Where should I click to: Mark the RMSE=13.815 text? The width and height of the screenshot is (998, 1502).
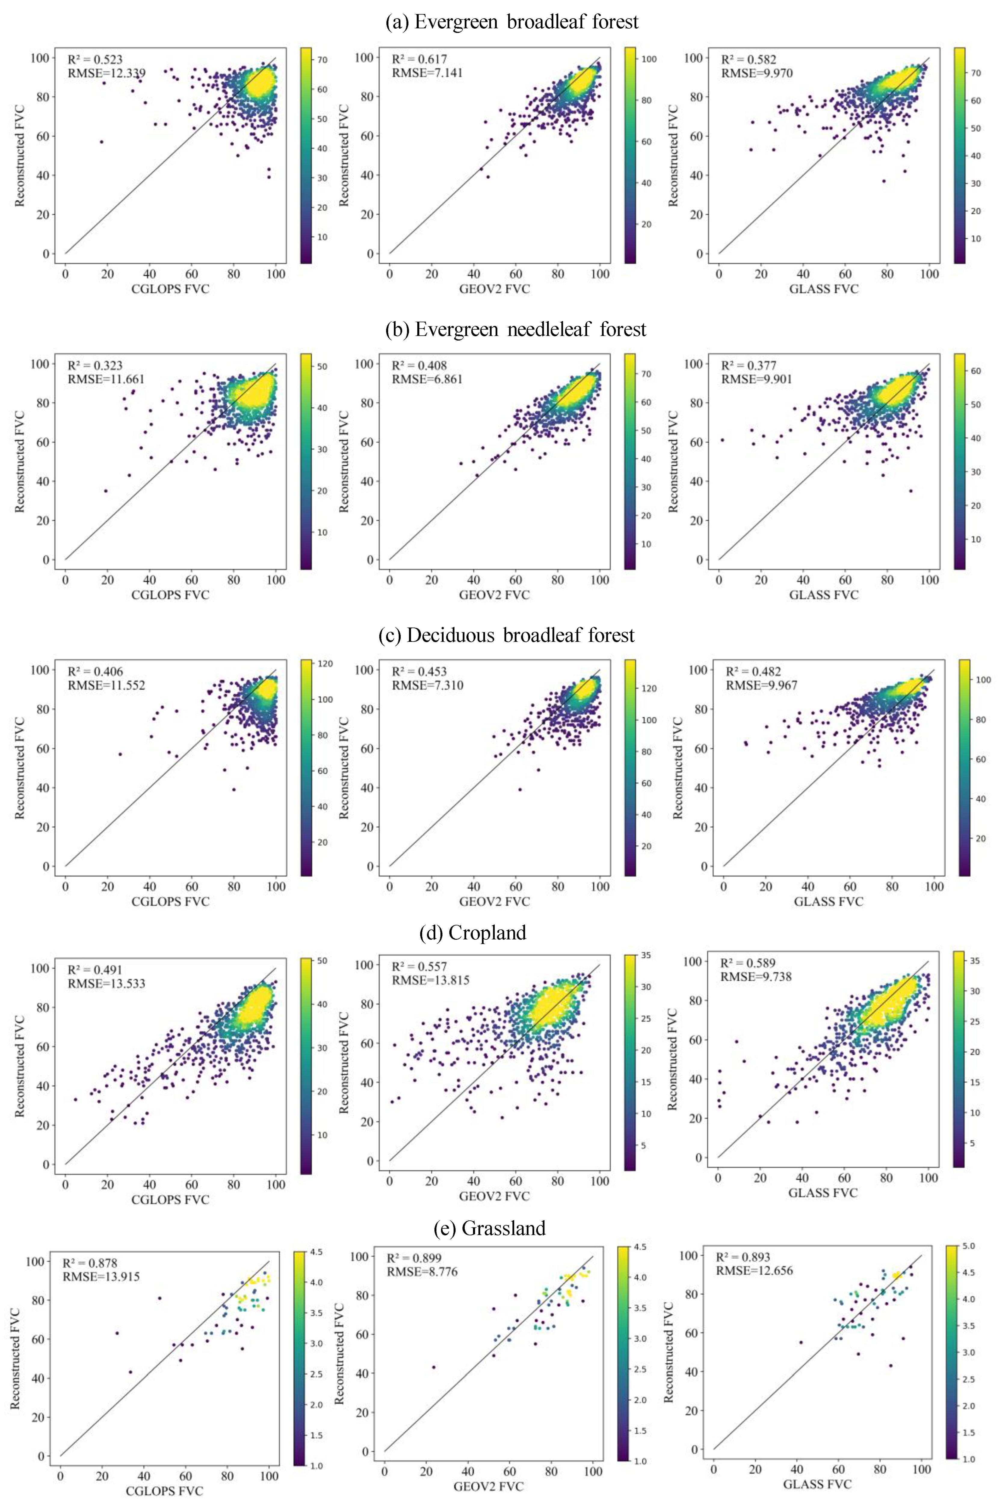point(430,980)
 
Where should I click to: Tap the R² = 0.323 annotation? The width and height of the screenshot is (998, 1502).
point(95,366)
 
